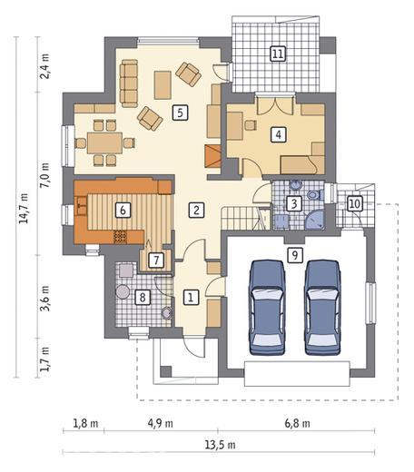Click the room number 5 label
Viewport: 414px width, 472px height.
click(180, 113)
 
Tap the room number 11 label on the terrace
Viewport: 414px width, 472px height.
click(278, 54)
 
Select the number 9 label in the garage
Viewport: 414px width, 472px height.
click(294, 256)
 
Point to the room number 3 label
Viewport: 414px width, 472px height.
click(294, 203)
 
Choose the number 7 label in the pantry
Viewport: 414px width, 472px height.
click(156, 260)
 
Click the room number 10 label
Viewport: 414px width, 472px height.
click(355, 203)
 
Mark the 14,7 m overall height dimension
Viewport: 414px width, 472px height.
click(24, 208)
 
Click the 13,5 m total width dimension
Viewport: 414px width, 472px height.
click(220, 446)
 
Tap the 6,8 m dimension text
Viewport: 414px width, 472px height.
click(297, 423)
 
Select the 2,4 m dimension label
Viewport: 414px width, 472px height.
click(45, 66)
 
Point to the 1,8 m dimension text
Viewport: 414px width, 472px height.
click(85, 423)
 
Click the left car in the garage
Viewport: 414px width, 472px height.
click(267, 307)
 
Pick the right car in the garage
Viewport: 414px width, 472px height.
click(322, 307)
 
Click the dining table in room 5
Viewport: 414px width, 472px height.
click(104, 143)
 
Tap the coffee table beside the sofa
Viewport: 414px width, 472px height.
click(163, 85)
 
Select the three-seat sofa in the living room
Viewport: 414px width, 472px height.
click(129, 84)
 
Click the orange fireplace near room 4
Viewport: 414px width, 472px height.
click(212, 156)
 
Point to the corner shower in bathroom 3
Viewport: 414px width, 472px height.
click(314, 220)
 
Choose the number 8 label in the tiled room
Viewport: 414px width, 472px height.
click(142, 297)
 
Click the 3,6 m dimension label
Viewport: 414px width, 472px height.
click(45, 298)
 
